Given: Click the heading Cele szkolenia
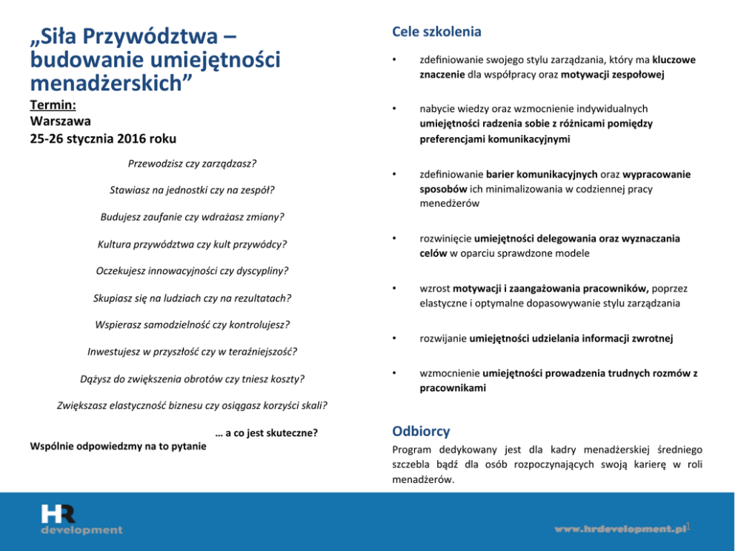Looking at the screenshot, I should coord(436,32).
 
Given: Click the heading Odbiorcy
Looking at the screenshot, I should coord(420,431).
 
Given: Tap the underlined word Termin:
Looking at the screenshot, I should coord(53,104).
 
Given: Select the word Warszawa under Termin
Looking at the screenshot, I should coord(61,121).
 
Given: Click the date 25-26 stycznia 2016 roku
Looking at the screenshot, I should coord(103,138).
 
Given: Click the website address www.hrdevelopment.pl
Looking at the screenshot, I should coord(620,529).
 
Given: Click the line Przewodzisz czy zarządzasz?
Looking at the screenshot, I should coord(192,163).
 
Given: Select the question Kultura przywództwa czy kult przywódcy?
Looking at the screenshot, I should coord(192,244).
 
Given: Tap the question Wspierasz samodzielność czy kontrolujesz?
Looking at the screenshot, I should coord(192,324).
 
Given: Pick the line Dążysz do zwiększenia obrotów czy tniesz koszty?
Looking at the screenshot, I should coord(192,378).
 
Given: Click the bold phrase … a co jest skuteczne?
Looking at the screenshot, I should coord(266,433).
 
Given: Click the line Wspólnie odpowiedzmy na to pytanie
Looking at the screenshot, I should coord(118,446).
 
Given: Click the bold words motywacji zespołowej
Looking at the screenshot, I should coord(613,75).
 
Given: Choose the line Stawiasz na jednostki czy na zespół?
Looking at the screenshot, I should coord(192,190).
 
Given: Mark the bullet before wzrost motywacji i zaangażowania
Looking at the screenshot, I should coord(396,288).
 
